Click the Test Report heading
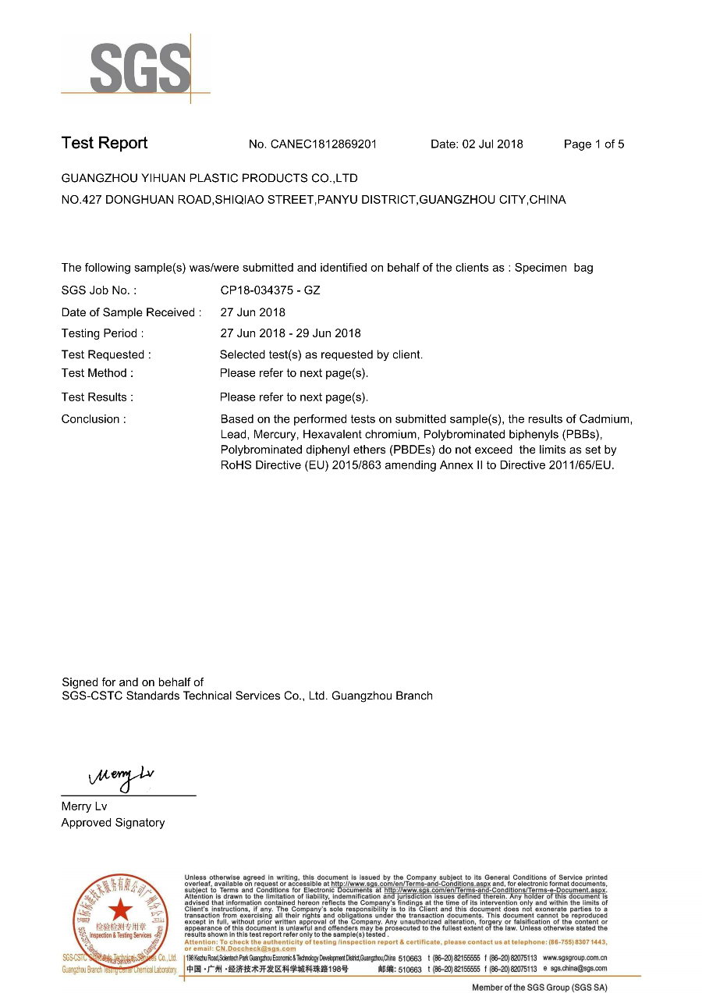click(105, 143)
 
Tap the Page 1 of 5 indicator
click(594, 144)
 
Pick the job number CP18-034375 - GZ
click(270, 290)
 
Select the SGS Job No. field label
click(99, 290)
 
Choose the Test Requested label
click(106, 354)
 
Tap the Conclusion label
click(94, 419)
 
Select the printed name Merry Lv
click(84, 806)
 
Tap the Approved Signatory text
click(113, 823)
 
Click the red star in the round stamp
click(119, 909)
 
